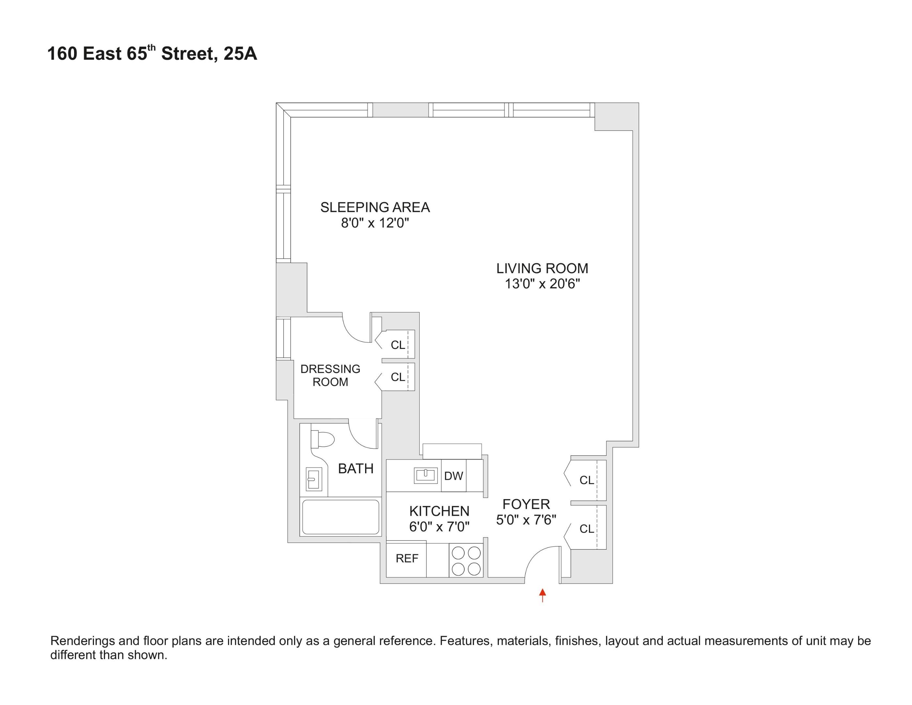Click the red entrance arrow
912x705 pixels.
click(542, 595)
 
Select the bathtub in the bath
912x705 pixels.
click(340, 517)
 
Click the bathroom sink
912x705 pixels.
click(314, 478)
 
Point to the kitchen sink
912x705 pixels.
click(425, 475)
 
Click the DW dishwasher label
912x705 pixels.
click(454, 476)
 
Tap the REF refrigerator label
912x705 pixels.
click(407, 558)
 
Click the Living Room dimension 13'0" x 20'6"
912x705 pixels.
click(542, 284)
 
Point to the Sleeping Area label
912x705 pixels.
click(375, 207)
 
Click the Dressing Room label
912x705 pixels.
click(330, 375)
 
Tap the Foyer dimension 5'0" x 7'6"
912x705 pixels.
click(526, 520)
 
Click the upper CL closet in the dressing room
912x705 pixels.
click(397, 345)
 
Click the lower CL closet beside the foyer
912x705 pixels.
click(586, 529)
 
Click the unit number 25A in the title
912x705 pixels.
click(240, 54)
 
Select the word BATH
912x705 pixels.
click(355, 469)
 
